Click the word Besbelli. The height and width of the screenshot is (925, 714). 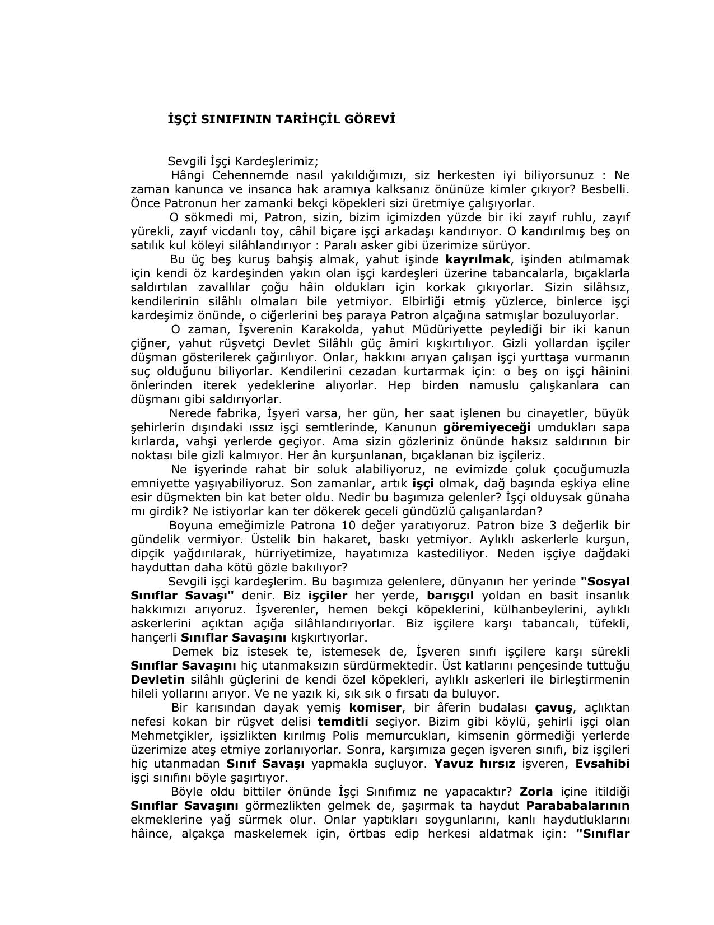click(605, 189)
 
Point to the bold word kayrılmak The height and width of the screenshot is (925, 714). click(478, 259)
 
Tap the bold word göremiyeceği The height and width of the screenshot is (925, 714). click(486, 427)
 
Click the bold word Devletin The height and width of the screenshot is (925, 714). click(157, 680)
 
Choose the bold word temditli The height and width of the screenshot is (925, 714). click(343, 722)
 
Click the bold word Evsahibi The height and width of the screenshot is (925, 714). click(603, 764)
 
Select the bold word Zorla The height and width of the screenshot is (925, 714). click(536, 792)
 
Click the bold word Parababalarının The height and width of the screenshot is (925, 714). click(578, 806)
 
